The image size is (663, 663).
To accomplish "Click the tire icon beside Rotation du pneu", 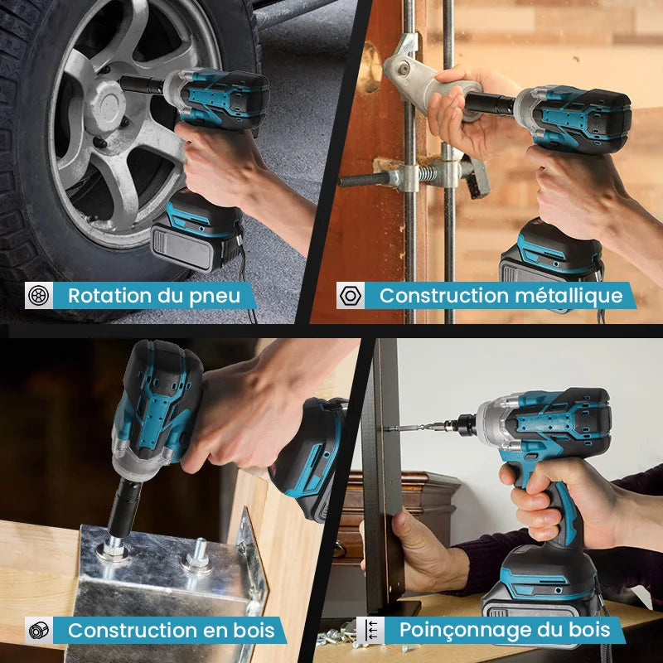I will (38, 295).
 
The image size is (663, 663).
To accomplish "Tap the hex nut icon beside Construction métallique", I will (350, 295).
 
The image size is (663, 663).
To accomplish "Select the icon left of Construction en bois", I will (38, 630).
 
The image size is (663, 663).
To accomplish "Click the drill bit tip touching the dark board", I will (388, 428).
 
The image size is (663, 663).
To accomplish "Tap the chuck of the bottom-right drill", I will (461, 425).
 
